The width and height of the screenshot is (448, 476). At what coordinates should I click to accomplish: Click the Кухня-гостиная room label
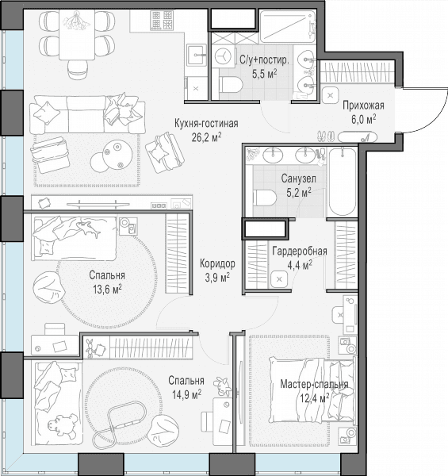pyautogui.click(x=206, y=124)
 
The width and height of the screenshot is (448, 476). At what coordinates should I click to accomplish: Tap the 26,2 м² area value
pyautogui.click(x=206, y=137)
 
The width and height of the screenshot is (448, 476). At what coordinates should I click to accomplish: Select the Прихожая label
pyautogui.click(x=363, y=106)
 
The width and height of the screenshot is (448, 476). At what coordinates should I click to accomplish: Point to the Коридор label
pyautogui.click(x=217, y=263)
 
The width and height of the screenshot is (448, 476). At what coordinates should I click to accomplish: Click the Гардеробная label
pyautogui.click(x=300, y=251)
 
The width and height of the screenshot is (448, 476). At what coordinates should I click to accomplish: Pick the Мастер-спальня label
pyautogui.click(x=314, y=384)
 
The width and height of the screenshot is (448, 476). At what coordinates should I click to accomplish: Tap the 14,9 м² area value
pyautogui.click(x=186, y=394)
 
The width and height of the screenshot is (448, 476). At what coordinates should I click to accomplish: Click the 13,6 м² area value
pyautogui.click(x=107, y=289)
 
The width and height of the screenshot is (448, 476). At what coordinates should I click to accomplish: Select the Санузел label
pyautogui.click(x=298, y=178)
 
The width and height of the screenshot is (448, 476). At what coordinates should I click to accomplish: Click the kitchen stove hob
pyautogui.click(x=163, y=20)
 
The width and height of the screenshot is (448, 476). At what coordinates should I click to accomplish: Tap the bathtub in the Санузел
pyautogui.click(x=343, y=182)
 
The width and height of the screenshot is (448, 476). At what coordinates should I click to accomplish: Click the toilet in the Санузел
pyautogui.click(x=265, y=198)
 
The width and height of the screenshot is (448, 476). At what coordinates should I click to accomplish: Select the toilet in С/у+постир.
pyautogui.click(x=230, y=84)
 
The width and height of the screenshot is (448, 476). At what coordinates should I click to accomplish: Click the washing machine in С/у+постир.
pyautogui.click(x=224, y=56)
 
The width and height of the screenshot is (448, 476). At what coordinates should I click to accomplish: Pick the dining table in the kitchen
pyautogui.click(x=77, y=35)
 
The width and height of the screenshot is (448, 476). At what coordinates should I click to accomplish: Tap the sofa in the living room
pyautogui.click(x=87, y=114)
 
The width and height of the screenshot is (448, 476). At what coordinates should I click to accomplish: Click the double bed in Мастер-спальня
pyautogui.click(x=312, y=390)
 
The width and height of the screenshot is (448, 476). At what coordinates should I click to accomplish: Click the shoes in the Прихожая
pyautogui.click(x=327, y=136)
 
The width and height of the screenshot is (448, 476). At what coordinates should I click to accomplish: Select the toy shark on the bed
pyautogui.click(x=88, y=228)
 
